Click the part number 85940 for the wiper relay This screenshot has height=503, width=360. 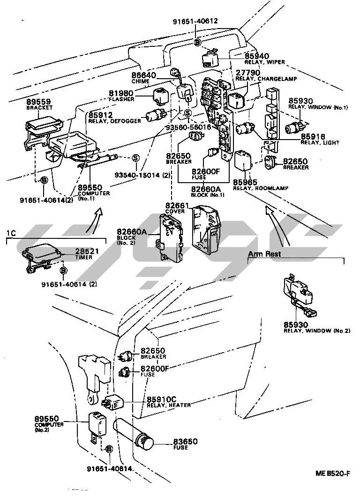coord(257,55)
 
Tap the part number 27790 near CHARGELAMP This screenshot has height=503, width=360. coord(247,73)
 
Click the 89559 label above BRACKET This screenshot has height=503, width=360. coord(38,102)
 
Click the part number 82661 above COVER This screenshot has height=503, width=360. coord(176,206)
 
